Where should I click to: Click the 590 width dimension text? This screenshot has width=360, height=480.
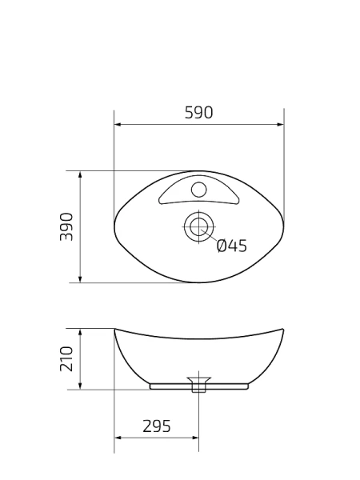[x=198, y=113]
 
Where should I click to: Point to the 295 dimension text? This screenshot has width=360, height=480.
[x=157, y=426]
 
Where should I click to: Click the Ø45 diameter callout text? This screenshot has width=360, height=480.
[x=232, y=246]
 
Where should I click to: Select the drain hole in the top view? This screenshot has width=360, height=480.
[x=197, y=226]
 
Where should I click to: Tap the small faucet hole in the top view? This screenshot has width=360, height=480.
[x=198, y=190]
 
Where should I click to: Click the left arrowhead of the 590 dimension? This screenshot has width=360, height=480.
[x=118, y=125]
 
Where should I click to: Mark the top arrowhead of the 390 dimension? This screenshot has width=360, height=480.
[x=80, y=174]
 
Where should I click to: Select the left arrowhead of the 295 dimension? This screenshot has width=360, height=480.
[x=118, y=438]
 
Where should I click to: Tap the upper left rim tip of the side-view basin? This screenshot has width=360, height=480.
[x=115, y=329]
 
